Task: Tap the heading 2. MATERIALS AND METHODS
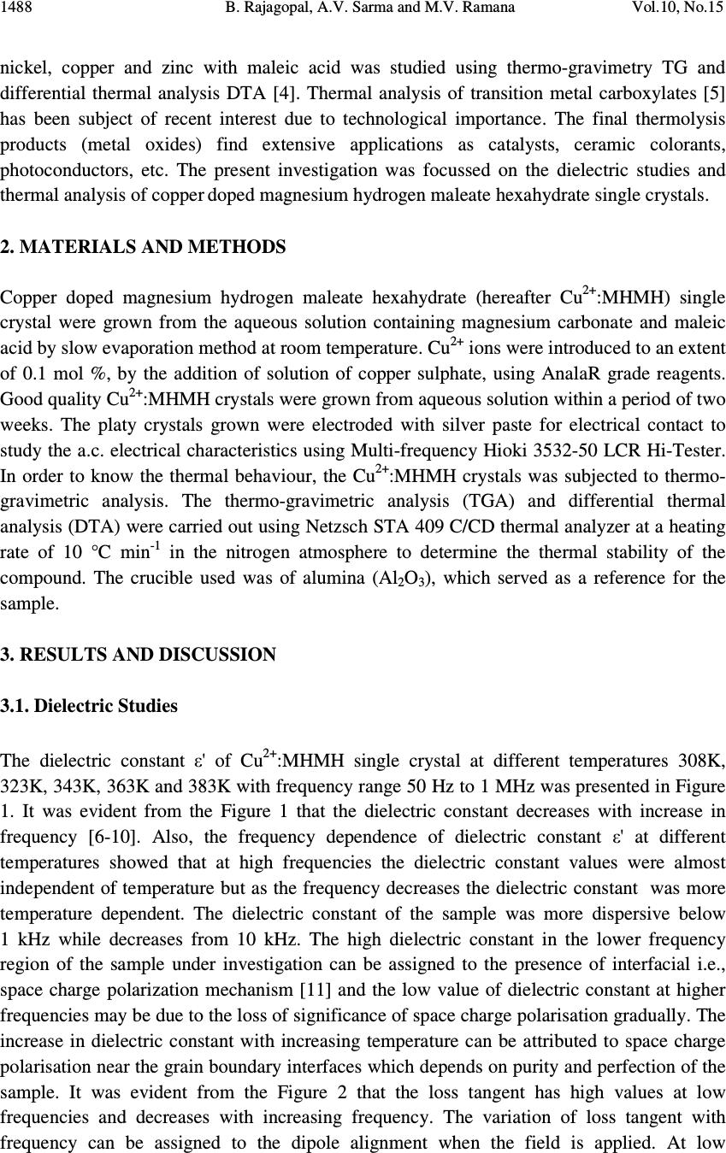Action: click(144, 248)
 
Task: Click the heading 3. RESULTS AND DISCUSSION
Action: click(139, 656)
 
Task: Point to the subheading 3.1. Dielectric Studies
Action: click(90, 707)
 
